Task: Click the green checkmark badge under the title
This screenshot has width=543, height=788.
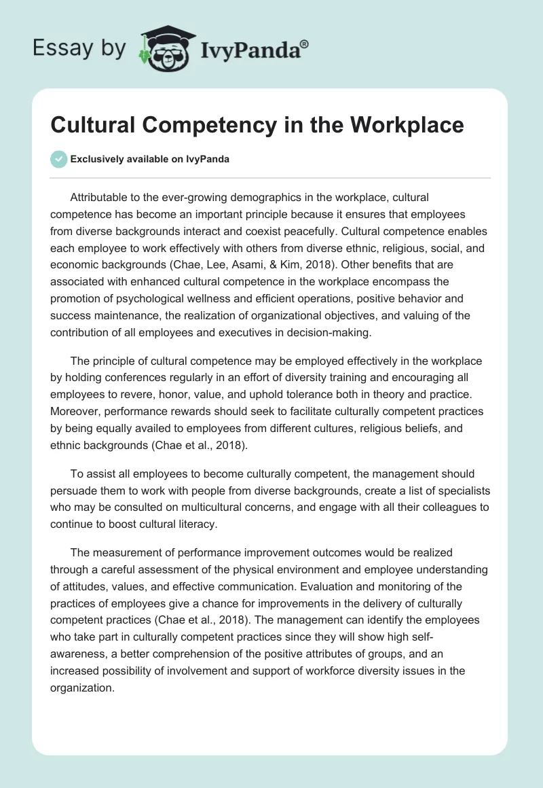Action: pyautogui.click(x=60, y=159)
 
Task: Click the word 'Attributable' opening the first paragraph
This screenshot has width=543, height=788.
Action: pyautogui.click(x=102, y=197)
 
